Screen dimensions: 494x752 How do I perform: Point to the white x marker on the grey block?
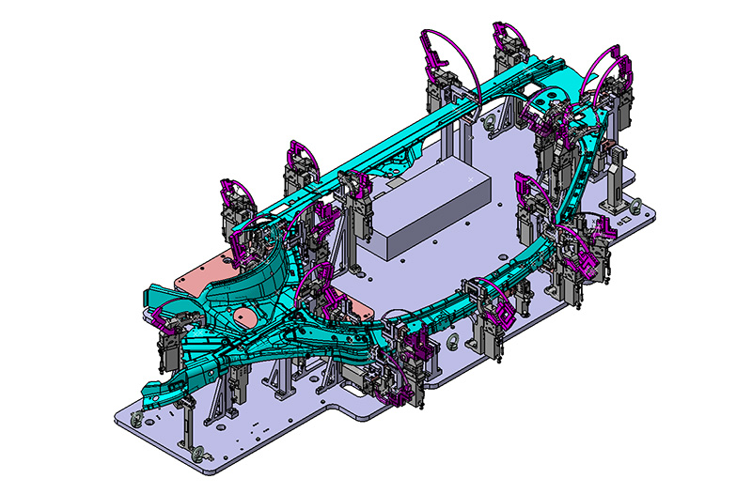[x=471, y=178]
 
